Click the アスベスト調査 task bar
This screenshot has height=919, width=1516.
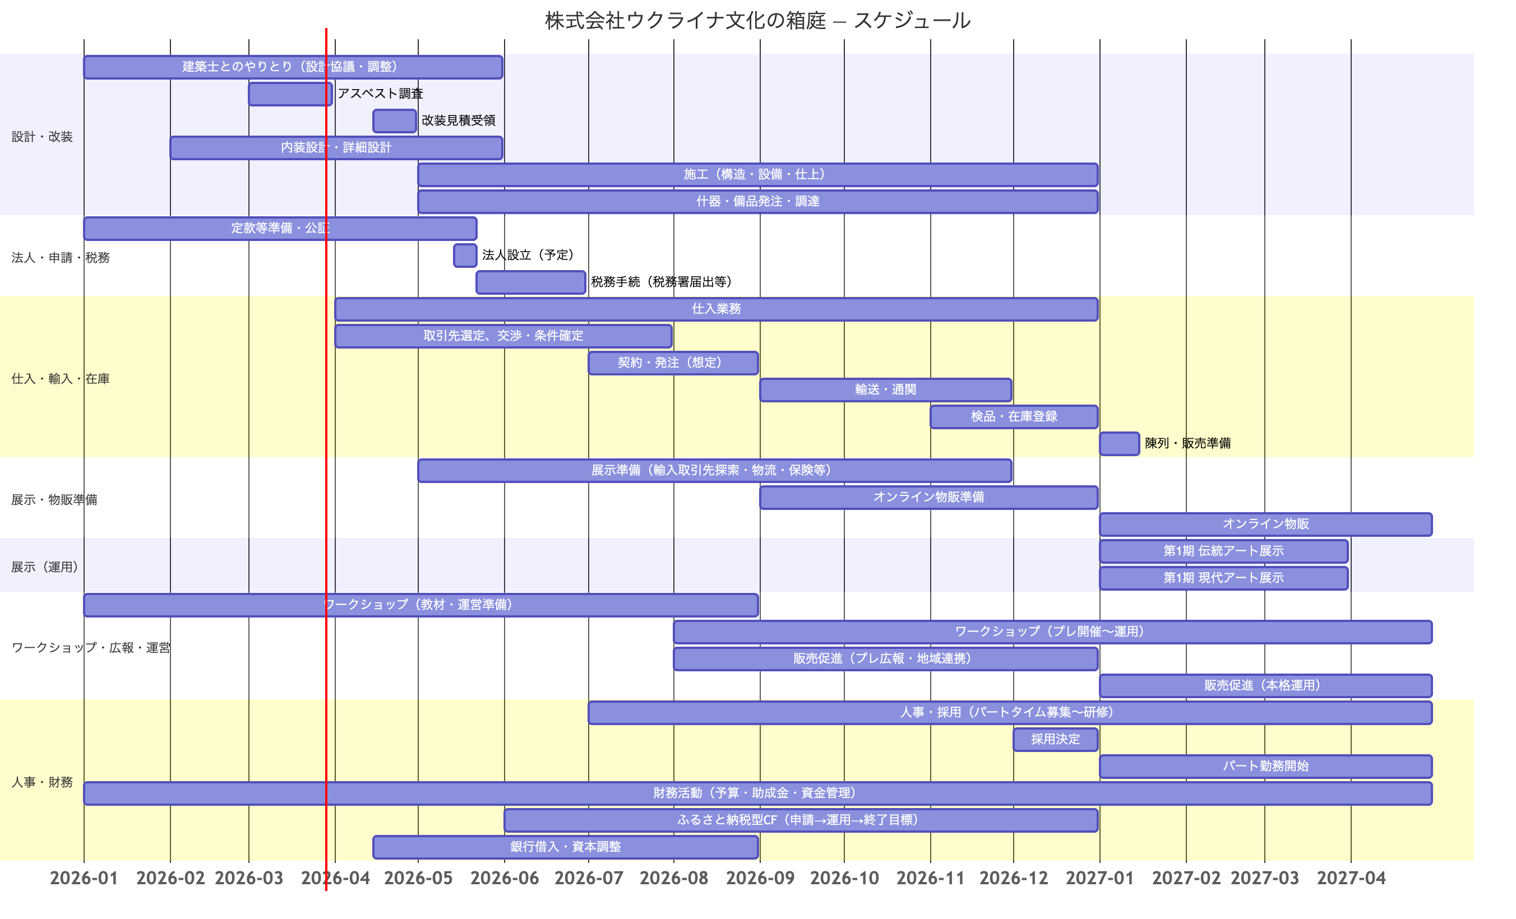[290, 94]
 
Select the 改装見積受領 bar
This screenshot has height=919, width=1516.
[394, 121]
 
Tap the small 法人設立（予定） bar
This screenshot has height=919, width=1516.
[465, 256]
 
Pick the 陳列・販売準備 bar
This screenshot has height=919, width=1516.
[1118, 443]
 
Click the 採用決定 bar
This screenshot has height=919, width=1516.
[1055, 739]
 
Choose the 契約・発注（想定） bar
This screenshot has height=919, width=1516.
[673, 363]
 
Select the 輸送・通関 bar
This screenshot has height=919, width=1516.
[885, 390]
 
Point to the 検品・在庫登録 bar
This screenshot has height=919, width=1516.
[1014, 416]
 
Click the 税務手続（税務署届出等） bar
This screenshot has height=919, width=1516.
[530, 282]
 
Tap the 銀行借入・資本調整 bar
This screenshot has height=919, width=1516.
[566, 847]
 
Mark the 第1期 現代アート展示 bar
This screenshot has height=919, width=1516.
[1223, 578]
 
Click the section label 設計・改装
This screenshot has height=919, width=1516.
[42, 137]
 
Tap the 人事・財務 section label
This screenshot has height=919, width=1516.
[42, 782]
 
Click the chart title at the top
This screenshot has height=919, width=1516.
[757, 21]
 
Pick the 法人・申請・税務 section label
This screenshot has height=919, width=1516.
[61, 258]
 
